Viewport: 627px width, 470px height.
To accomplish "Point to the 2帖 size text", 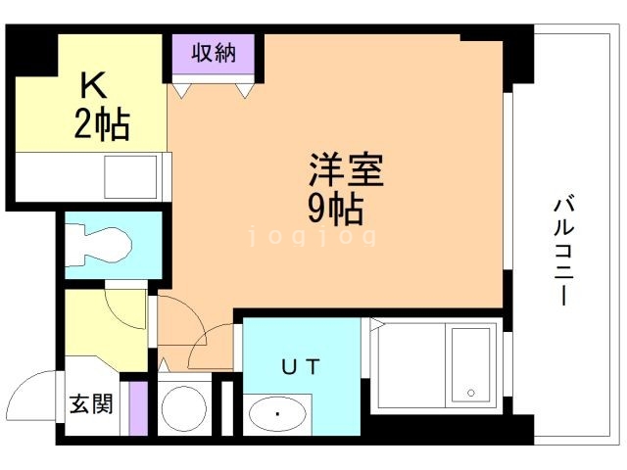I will click(102, 124).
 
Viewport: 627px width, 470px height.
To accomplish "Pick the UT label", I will click(302, 367).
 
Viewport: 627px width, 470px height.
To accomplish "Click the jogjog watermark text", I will click(312, 237).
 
